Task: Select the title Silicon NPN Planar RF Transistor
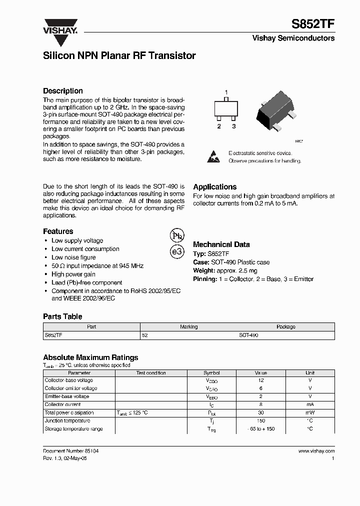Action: (119, 56)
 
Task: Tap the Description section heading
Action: (62, 91)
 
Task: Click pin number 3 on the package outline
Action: (233, 126)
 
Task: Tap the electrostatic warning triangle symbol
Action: (213, 156)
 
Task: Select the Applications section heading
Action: (214, 187)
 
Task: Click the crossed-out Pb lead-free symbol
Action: (177, 235)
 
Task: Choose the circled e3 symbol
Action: (177, 251)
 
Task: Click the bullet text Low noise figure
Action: (73, 257)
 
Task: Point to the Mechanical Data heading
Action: (221, 244)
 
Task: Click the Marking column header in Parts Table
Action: (188, 326)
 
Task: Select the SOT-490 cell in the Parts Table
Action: (248, 335)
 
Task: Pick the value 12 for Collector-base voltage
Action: (260, 380)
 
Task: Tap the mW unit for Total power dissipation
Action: (310, 413)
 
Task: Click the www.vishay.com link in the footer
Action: (316, 451)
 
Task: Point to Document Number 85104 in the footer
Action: (70, 451)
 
